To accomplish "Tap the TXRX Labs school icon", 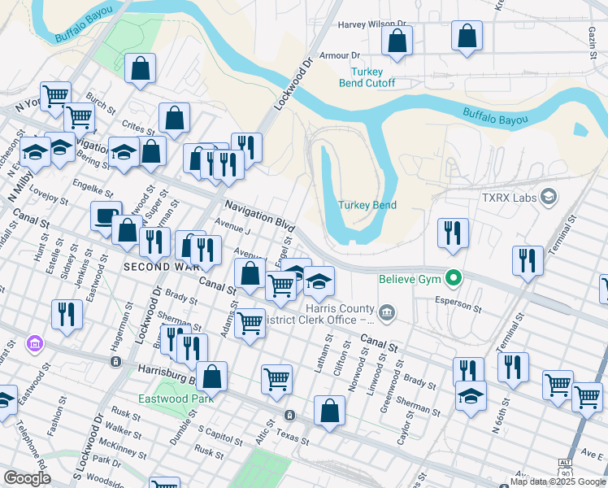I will pyautogui.click(x=549, y=196).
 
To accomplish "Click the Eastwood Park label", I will pyautogui.click(x=176, y=399).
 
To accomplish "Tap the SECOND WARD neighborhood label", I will pyautogui.click(x=159, y=267).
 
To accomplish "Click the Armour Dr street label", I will pyautogui.click(x=340, y=55).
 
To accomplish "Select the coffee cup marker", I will pyautogui.click(x=106, y=216).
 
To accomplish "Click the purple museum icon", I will pyautogui.click(x=33, y=345).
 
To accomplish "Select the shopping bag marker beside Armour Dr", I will pyautogui.click(x=397, y=41).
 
